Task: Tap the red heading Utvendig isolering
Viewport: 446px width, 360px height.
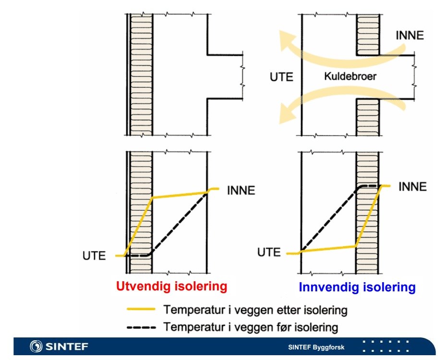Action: coord(171,287)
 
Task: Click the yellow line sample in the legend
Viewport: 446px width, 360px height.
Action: coord(141,310)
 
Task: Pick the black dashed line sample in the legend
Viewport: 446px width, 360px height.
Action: coord(141,328)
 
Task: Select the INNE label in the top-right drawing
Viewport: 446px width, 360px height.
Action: coord(410,35)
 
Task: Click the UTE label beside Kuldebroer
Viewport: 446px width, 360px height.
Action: coord(281,77)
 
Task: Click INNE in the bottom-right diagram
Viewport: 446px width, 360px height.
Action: coord(412,186)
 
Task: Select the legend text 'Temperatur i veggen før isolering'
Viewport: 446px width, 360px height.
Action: coord(250,328)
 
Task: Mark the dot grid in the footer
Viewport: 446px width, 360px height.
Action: coord(386,347)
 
